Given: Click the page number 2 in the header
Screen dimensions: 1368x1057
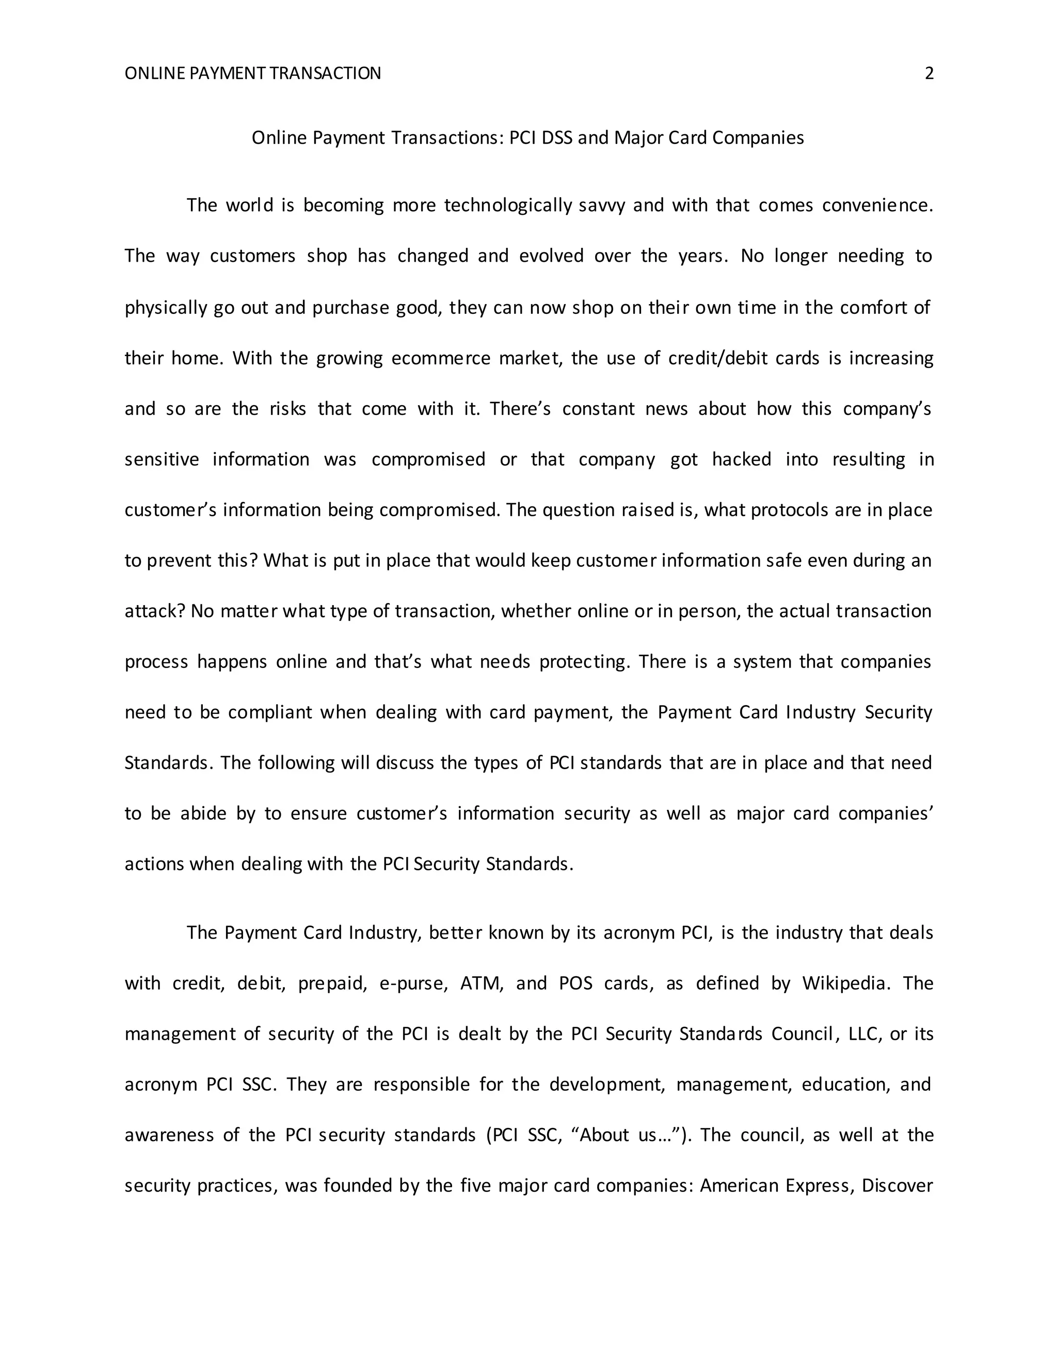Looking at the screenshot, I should pyautogui.click(x=929, y=74).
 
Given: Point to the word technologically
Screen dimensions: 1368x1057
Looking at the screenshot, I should pyautogui.click(x=508, y=205).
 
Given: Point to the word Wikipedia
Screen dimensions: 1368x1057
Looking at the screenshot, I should pyautogui.click(x=845, y=983).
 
